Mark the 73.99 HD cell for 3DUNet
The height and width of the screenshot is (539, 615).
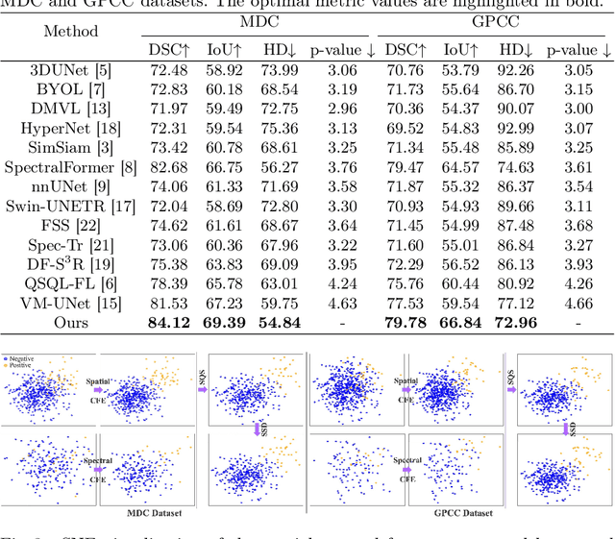[x=274, y=70]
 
